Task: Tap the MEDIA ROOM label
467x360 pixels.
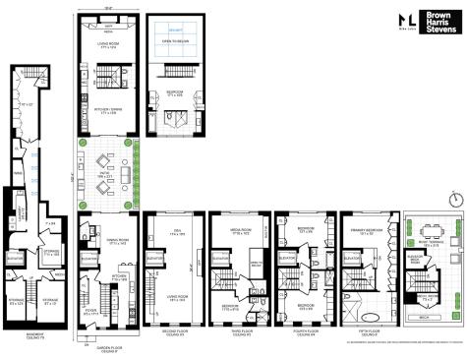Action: click(242, 234)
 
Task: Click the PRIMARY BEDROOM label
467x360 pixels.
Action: click(367, 234)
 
